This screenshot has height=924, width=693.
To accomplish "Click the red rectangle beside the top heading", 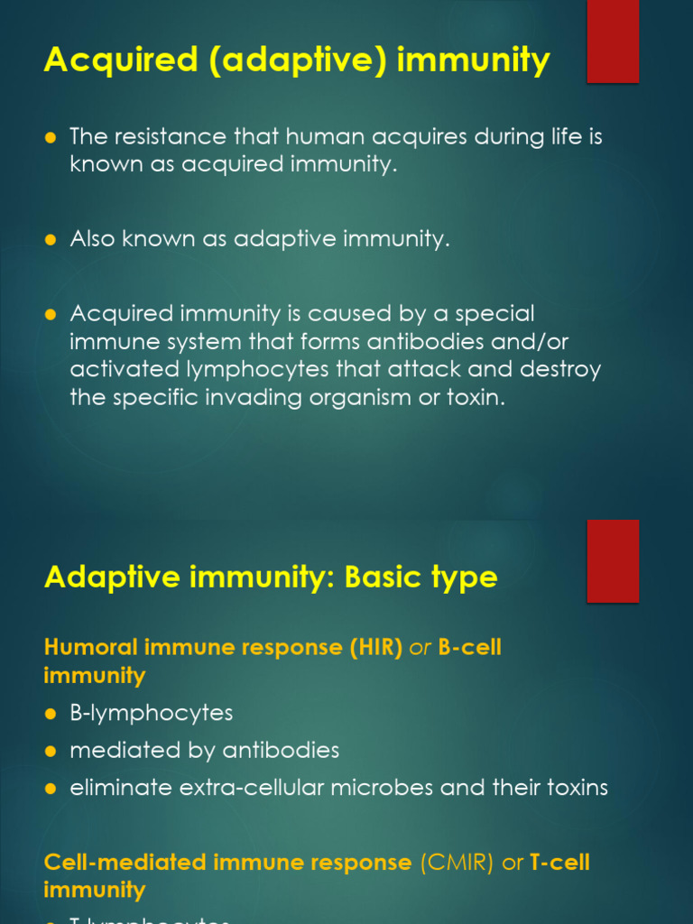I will tap(613, 41).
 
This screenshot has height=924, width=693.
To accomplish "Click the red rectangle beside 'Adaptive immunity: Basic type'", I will tap(613, 560).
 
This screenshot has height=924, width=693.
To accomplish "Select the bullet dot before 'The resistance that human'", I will tap(51, 137).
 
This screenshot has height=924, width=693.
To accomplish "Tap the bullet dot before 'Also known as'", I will tap(51, 240).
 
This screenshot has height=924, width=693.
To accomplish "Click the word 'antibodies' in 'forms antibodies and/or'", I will tap(454, 342).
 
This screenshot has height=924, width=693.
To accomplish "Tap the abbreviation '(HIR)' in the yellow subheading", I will tap(375, 648).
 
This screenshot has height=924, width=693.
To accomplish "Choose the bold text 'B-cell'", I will tap(469, 648).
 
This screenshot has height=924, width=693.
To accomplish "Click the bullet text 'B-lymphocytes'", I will tap(152, 713).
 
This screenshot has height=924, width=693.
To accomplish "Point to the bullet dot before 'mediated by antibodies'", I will tap(51, 751).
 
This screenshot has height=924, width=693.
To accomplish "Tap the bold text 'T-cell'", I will tap(559, 863).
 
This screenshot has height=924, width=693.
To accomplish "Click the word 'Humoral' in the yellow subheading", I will tap(88, 648).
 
